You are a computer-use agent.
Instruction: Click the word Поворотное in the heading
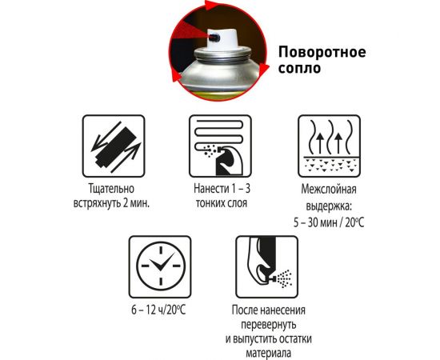322,53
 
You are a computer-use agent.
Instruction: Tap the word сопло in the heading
299,69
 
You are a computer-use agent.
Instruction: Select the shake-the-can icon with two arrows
113,145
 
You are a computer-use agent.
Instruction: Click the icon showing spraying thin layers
218,145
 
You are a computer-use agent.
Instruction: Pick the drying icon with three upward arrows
328,145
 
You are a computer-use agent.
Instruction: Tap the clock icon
160,264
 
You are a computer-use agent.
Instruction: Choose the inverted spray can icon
266,265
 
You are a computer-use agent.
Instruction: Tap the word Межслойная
328,190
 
